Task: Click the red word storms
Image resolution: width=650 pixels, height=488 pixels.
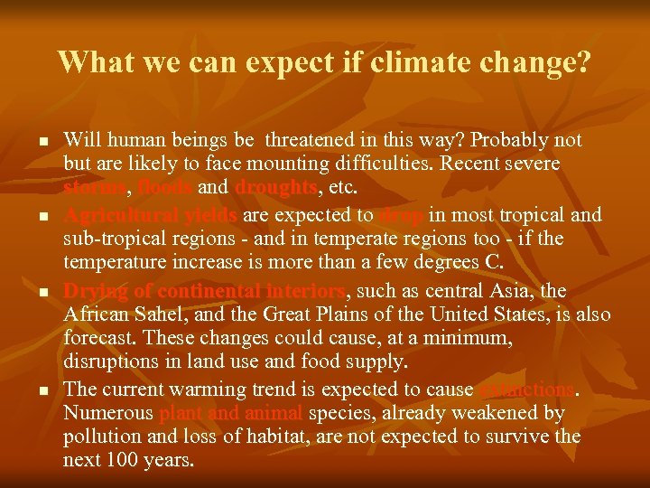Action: tap(97, 187)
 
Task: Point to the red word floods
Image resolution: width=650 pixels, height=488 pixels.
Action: tap(164, 187)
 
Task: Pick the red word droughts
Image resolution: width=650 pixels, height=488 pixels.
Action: tap(275, 187)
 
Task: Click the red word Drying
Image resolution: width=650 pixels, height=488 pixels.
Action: tap(93, 292)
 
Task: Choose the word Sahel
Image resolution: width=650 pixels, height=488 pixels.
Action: tap(172, 315)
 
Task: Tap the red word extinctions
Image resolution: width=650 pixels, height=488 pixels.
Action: tap(527, 389)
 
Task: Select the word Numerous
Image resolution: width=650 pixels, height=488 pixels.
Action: tap(107, 413)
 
